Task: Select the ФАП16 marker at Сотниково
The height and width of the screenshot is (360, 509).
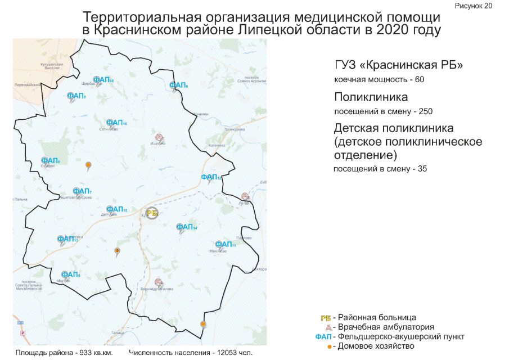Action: click(116, 123)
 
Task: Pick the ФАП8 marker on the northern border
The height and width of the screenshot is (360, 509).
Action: click(178, 85)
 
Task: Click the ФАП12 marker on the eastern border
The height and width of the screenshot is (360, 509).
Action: click(211, 178)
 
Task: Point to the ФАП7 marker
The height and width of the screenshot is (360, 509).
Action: click(82, 191)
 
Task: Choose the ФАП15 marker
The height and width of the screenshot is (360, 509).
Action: click(116, 210)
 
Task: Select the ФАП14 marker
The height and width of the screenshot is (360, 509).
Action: click(186, 227)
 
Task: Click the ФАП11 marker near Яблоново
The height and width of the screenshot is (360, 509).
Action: click(225, 244)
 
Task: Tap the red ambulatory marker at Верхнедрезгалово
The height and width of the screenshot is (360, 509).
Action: click(159, 281)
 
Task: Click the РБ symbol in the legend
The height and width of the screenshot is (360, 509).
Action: click(325, 318)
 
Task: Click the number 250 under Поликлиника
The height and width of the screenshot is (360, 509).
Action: click(425, 111)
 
